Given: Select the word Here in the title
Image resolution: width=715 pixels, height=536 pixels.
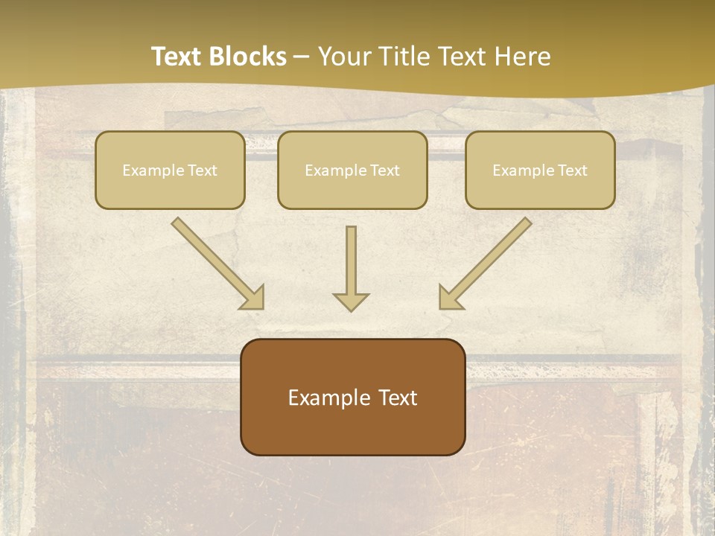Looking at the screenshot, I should point(523,57).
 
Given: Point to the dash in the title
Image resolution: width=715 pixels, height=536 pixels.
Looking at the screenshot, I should point(302,57).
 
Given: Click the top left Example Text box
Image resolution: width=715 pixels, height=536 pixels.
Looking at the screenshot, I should point(170,170).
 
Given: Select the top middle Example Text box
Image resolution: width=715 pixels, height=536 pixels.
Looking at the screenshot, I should point(352,170).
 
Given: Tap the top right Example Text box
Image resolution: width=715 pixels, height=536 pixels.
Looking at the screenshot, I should point(540,170).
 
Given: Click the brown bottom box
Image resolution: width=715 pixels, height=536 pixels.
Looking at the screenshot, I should point(352,397).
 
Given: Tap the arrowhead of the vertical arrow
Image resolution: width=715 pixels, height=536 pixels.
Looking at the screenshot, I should point(351,301).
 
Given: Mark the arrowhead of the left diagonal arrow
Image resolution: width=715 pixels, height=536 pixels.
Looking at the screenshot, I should point(253,298).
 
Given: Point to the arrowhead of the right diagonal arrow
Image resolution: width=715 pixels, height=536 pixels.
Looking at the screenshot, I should point(450,298).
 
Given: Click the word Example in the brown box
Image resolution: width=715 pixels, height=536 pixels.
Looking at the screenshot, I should point(328,398).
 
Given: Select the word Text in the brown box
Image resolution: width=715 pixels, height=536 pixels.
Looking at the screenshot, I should point(397,398).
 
